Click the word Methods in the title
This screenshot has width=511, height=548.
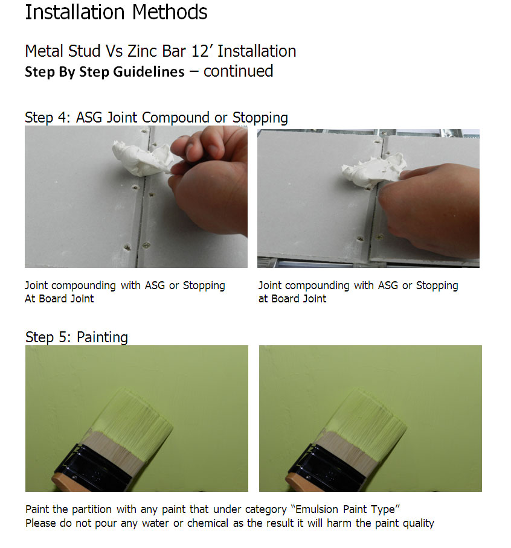pyautogui.click(x=170, y=12)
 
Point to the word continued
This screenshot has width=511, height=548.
pyautogui.click(x=238, y=71)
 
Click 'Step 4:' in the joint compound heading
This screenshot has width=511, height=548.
pyautogui.click(x=48, y=118)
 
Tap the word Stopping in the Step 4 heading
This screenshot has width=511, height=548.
pyautogui.click(x=260, y=118)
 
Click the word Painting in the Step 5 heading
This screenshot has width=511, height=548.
pyautogui.click(x=102, y=337)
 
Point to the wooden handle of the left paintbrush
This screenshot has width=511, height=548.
pyautogui.click(x=65, y=484)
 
